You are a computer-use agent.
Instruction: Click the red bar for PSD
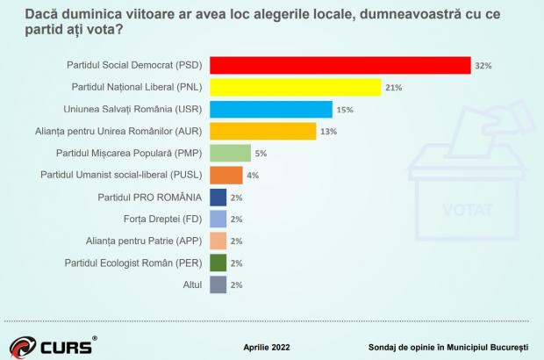point(341,65)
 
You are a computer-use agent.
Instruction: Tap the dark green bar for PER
point(219,263)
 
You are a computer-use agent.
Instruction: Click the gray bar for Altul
point(219,284)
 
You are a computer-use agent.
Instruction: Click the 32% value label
point(483,66)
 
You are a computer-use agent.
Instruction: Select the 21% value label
point(392,88)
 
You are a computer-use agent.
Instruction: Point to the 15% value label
point(343,110)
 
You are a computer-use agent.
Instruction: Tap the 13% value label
point(327,132)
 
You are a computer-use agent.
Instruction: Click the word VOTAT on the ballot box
point(469,212)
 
